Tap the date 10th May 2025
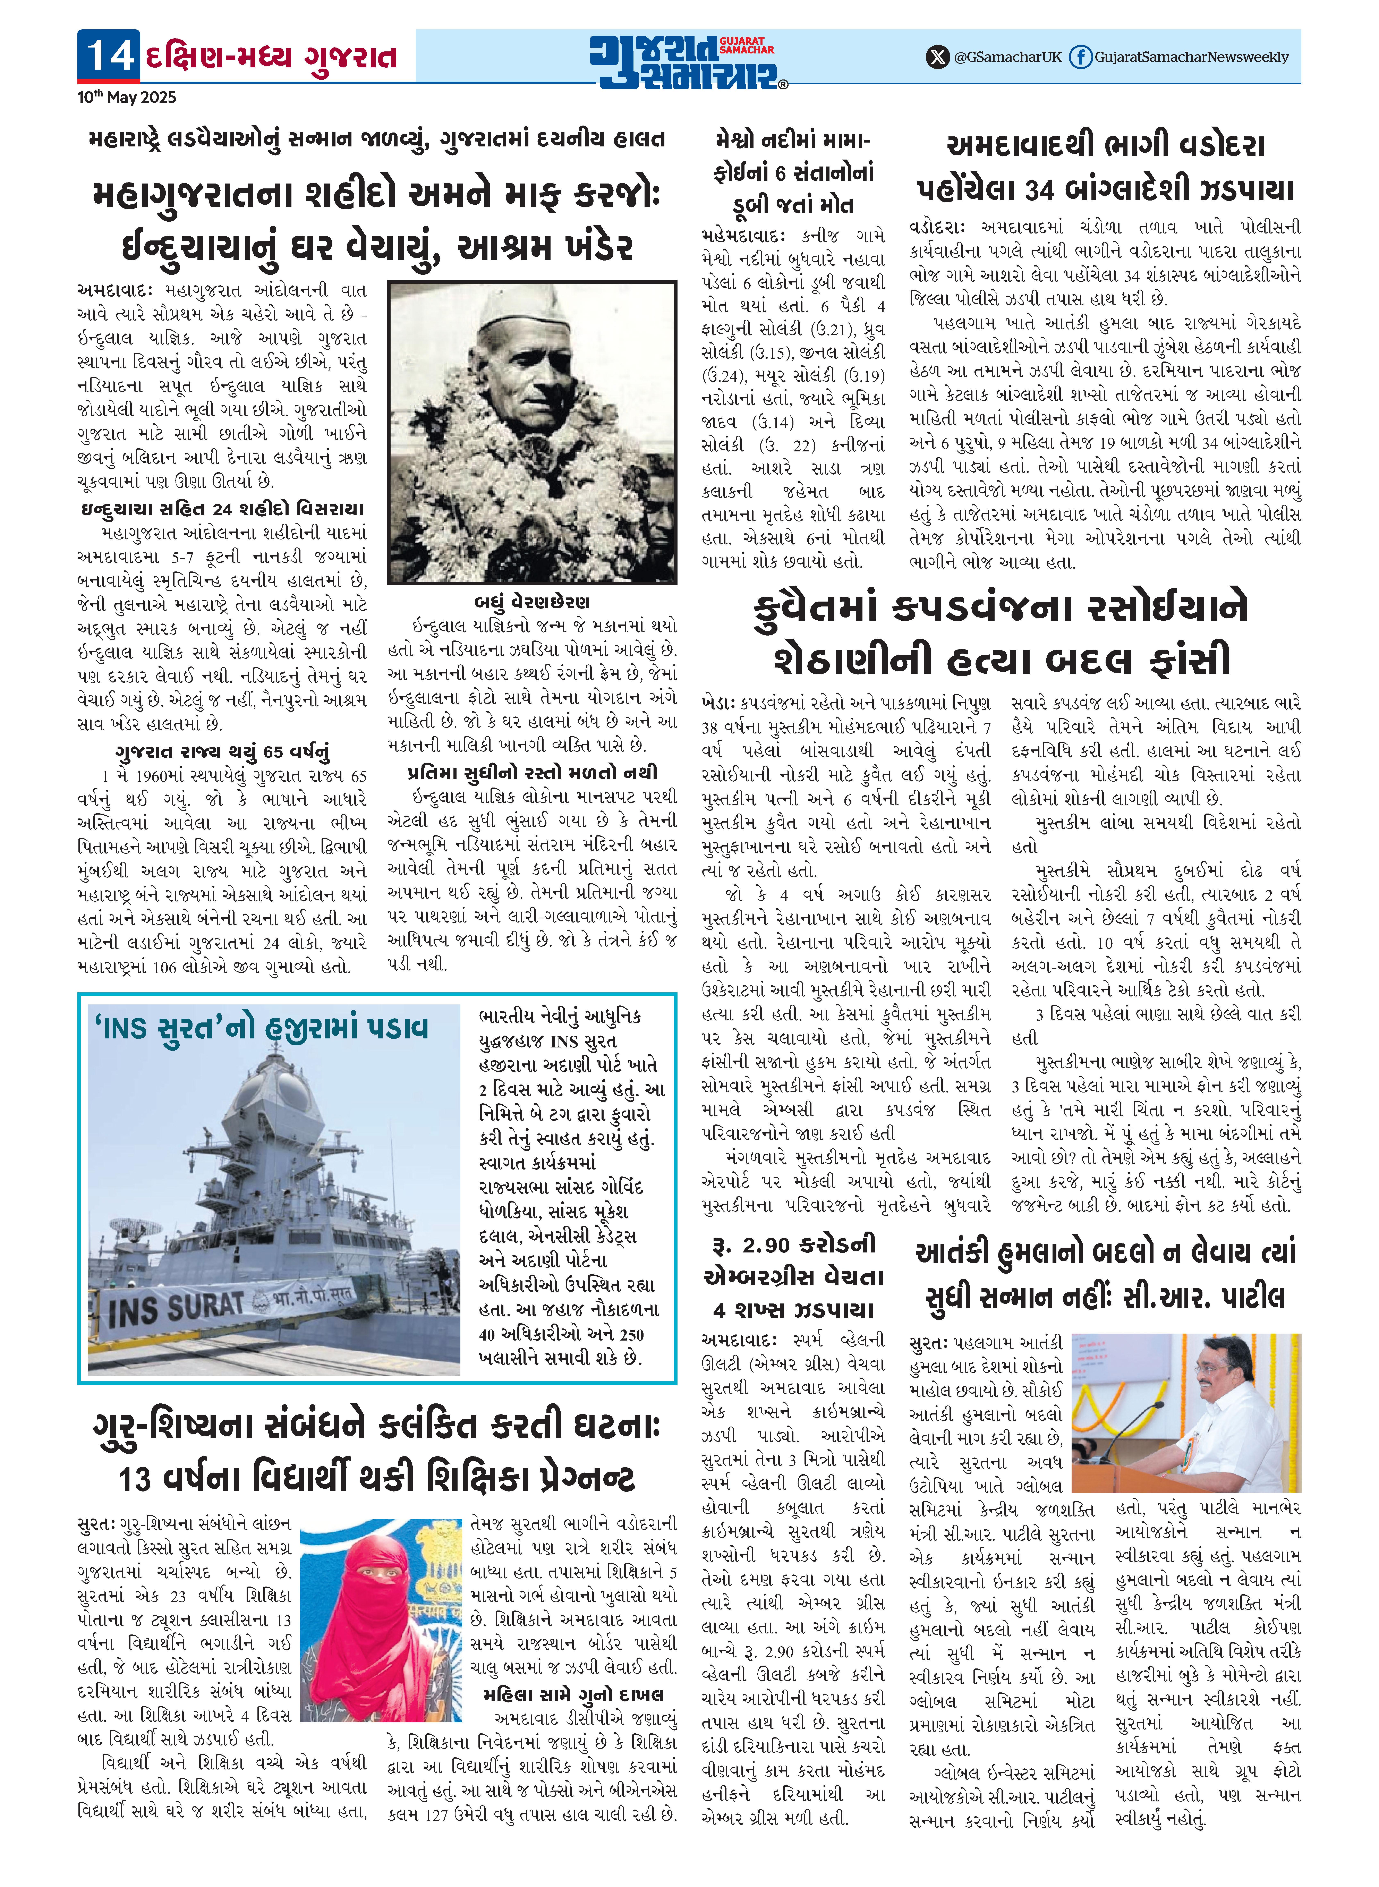coord(127,98)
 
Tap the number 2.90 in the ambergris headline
coord(765,1246)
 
